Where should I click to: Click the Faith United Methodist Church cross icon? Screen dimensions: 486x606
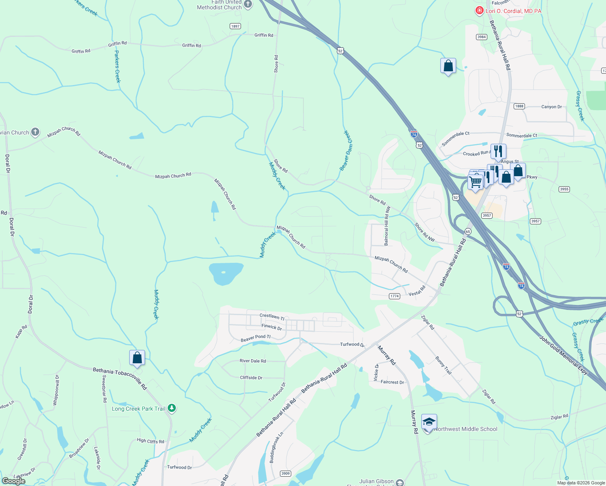248,4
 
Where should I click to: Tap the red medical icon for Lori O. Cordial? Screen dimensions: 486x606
479,11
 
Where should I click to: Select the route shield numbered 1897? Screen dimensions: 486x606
235,26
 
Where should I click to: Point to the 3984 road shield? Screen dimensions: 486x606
481,37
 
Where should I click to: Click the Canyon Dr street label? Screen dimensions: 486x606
551,107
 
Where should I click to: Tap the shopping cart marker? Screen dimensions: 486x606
475,182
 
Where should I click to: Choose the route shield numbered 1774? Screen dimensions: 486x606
395,296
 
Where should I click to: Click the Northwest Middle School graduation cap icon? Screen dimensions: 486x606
429,422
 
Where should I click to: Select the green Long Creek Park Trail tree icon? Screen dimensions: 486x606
172,408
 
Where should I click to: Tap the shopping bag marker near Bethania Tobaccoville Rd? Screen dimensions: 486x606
137,358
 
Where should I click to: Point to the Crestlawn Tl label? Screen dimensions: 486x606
272,316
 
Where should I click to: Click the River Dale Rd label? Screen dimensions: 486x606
253,361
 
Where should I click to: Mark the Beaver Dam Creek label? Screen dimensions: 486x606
346,151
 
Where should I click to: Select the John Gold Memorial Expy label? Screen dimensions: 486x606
563,355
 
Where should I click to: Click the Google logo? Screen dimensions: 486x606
14,481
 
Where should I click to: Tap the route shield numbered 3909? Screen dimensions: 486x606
286,473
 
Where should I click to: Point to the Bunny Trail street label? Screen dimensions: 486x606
443,365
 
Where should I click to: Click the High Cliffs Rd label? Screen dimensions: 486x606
150,441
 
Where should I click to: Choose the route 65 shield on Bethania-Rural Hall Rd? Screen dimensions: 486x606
468,231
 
